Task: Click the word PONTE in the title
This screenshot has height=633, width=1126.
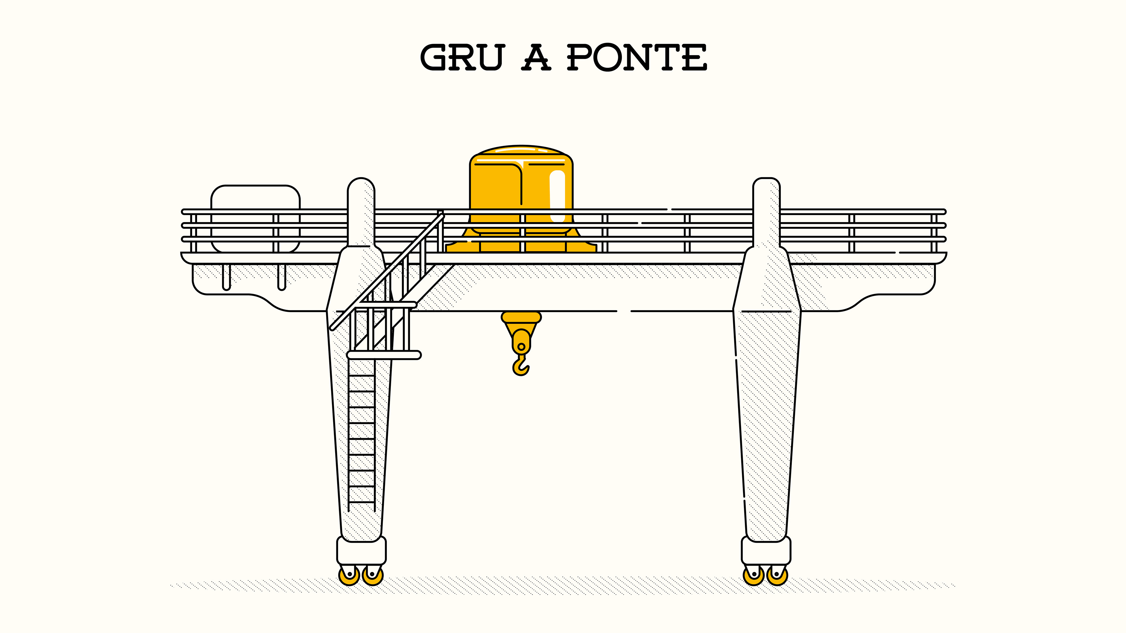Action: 636,58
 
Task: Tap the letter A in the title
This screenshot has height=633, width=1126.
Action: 536,58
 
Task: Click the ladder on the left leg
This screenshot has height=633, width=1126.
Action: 362,437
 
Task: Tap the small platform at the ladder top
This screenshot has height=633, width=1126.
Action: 384,355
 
